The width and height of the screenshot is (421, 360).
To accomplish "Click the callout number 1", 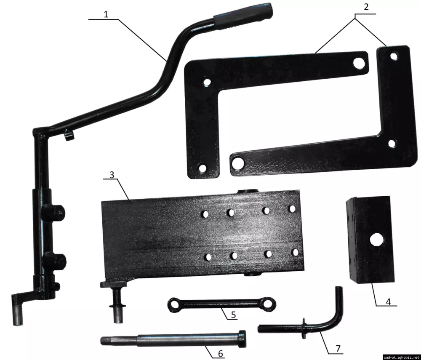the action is (x=106, y=14).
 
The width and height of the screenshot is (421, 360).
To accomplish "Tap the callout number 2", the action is (x=366, y=7).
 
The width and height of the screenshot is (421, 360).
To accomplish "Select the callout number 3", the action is (x=112, y=175).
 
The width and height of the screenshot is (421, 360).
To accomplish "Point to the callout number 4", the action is (x=388, y=301).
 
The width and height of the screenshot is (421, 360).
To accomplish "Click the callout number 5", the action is (x=233, y=315).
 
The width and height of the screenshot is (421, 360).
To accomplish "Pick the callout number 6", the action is (x=221, y=354).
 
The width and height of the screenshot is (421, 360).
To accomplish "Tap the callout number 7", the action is (x=338, y=349).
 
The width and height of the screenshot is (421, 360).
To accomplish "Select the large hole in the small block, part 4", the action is (x=376, y=240).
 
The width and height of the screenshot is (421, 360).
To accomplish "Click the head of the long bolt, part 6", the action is (x=242, y=339).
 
